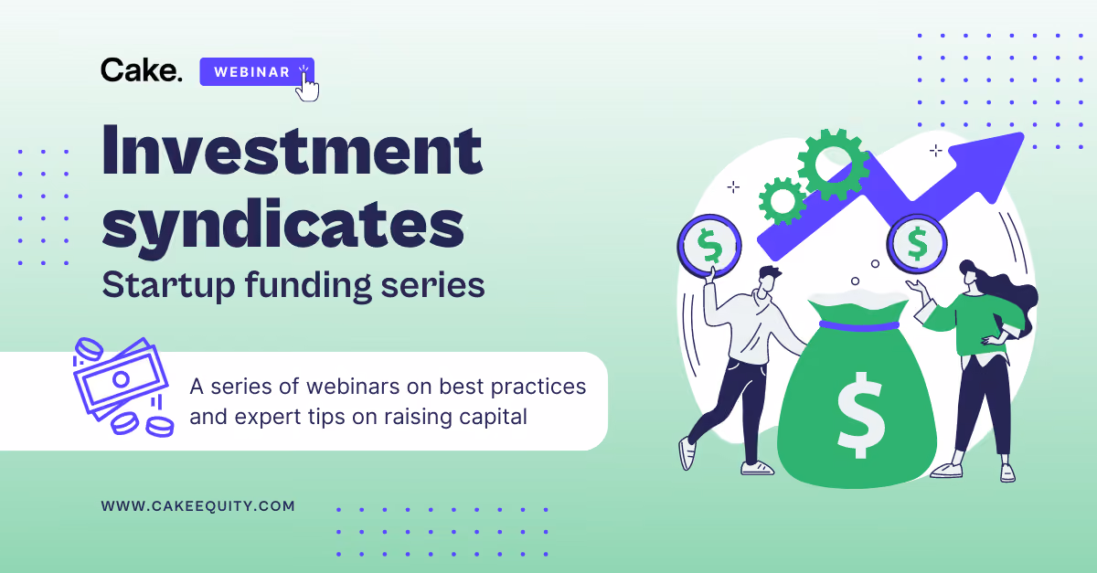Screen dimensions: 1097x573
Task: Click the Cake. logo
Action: pyautogui.click(x=142, y=70)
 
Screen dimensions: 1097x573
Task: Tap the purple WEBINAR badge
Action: pyautogui.click(x=257, y=72)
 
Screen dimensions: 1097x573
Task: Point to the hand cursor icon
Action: pyautogui.click(x=307, y=86)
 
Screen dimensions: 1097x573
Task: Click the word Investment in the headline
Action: pyautogui.click(x=293, y=150)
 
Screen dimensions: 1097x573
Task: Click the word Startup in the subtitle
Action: pyautogui.click(x=169, y=286)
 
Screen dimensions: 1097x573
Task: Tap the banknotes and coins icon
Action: pyautogui.click(x=122, y=387)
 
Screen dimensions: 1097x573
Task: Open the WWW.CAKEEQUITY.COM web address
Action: pyautogui.click(x=197, y=506)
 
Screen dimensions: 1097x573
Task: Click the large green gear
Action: pyautogui.click(x=833, y=164)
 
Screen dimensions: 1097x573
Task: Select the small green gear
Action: pyautogui.click(x=783, y=201)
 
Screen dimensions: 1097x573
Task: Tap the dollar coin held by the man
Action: pyautogui.click(x=709, y=245)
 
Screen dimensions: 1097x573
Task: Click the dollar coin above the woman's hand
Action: pyautogui.click(x=917, y=243)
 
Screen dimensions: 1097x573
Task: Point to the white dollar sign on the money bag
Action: pyautogui.click(x=860, y=415)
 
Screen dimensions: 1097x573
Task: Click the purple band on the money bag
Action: pyautogui.click(x=859, y=325)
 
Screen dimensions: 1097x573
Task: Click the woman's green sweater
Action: pyautogui.click(x=975, y=323)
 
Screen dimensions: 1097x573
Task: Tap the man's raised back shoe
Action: pyautogui.click(x=687, y=453)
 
